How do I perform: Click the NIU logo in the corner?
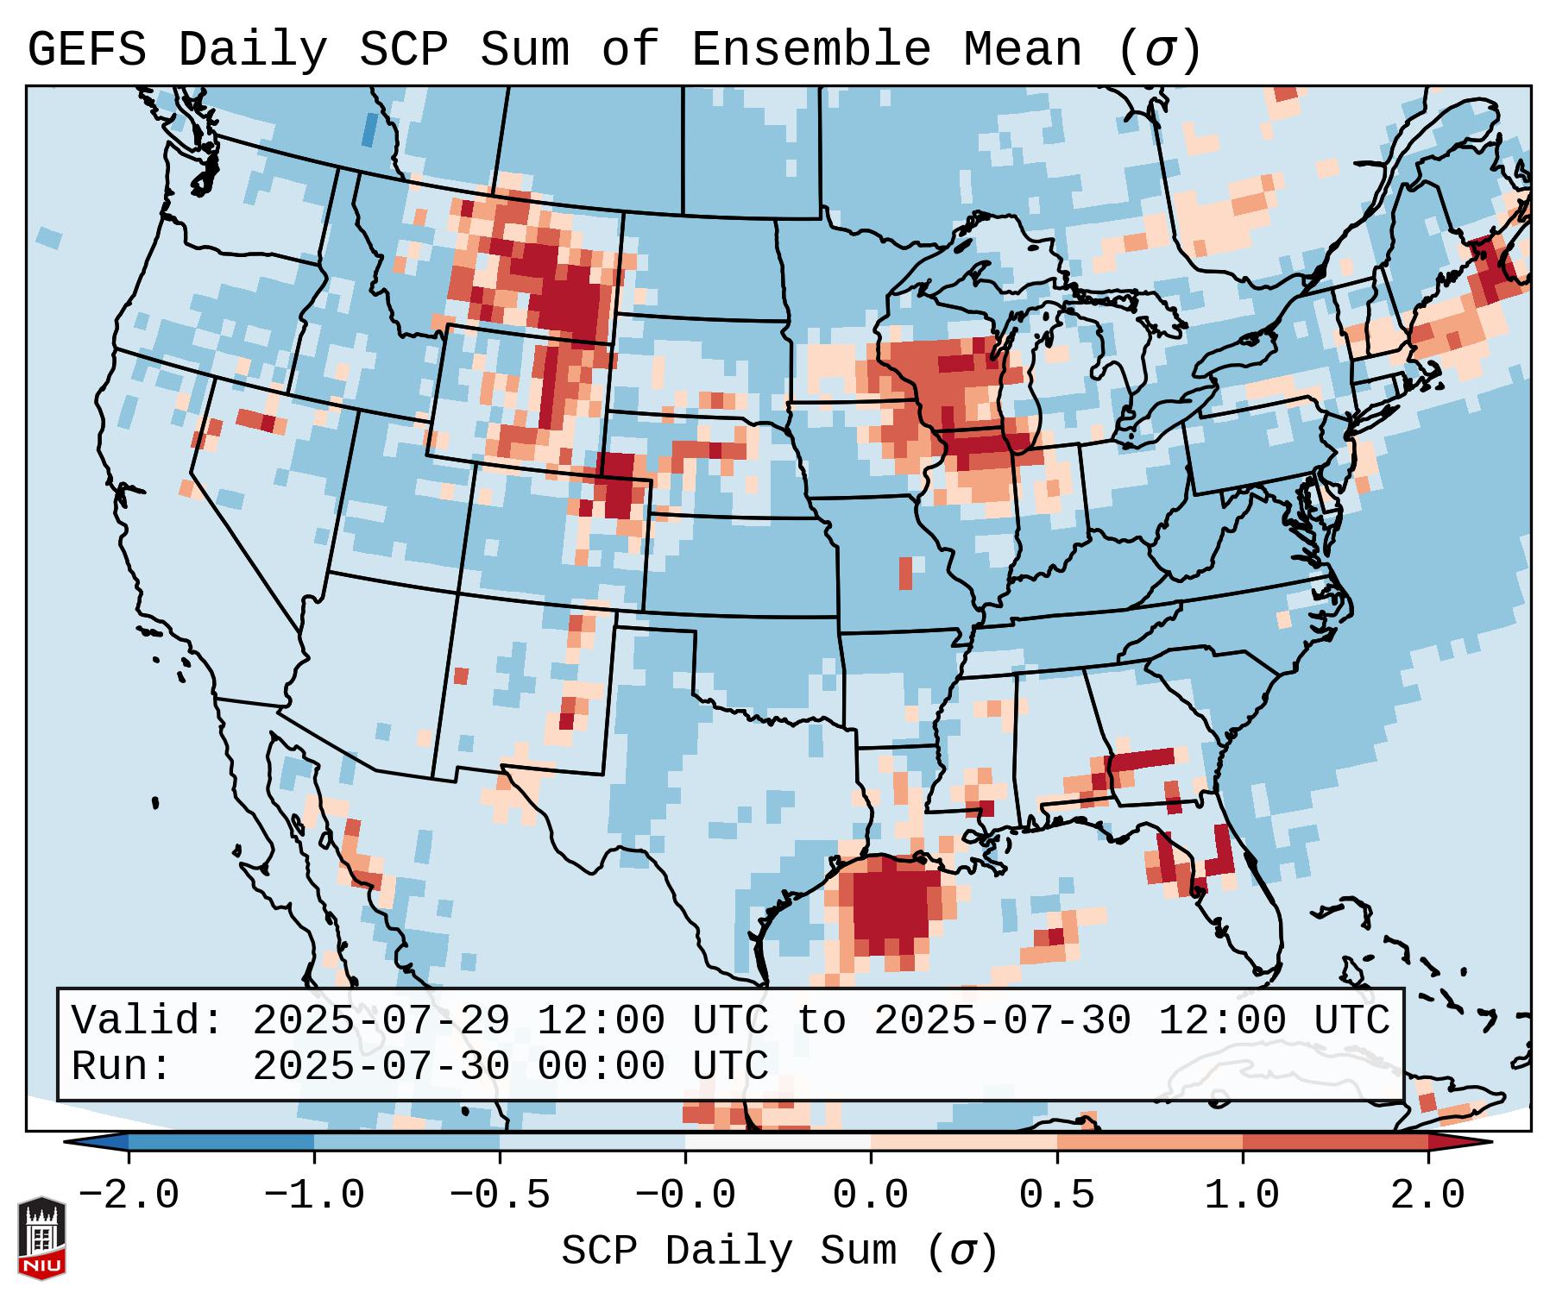point(41,1237)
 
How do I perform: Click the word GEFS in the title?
point(86,50)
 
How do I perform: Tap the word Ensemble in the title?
point(810,50)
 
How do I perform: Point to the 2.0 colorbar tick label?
point(1427,1195)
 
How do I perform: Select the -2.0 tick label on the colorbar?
point(129,1195)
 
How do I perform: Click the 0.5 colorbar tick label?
point(1056,1195)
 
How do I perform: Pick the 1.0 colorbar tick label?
point(1242,1195)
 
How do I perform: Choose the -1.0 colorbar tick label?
point(314,1195)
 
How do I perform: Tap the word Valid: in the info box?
point(148,1020)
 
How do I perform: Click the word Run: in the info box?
point(122,1066)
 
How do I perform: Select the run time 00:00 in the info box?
point(601,1066)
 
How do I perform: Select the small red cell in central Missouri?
point(905,573)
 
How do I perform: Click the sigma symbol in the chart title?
point(1158,50)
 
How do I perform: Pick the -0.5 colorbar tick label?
point(500,1195)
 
